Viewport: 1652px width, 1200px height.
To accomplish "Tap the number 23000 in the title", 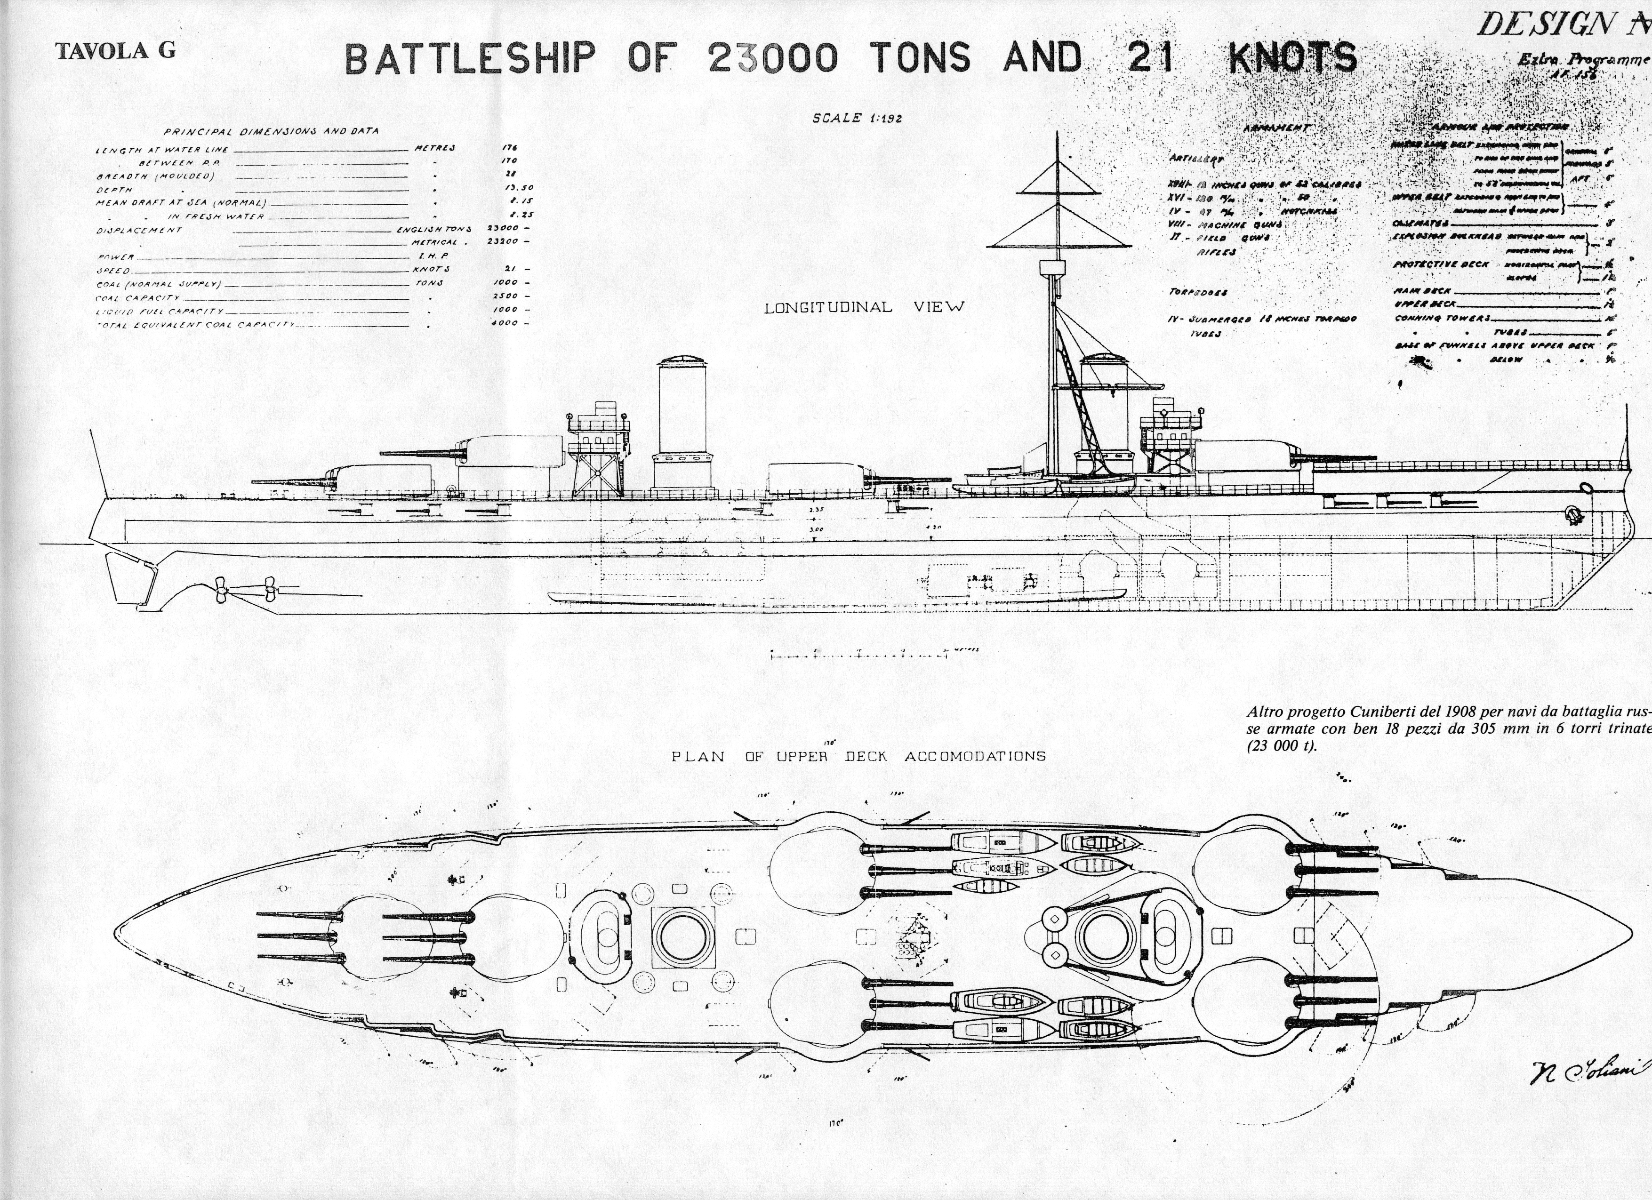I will pyautogui.click(x=772, y=59).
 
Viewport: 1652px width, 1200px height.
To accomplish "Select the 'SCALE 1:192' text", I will pyautogui.click(x=857, y=119).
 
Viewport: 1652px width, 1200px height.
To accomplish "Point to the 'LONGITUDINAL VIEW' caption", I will pyautogui.click(x=864, y=307).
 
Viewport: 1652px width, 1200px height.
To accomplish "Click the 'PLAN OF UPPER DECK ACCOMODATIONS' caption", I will pyautogui.click(x=858, y=756).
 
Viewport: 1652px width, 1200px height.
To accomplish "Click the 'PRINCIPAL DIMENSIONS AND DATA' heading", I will pyautogui.click(x=271, y=132).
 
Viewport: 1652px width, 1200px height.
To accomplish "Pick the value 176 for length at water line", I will pyautogui.click(x=509, y=148).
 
